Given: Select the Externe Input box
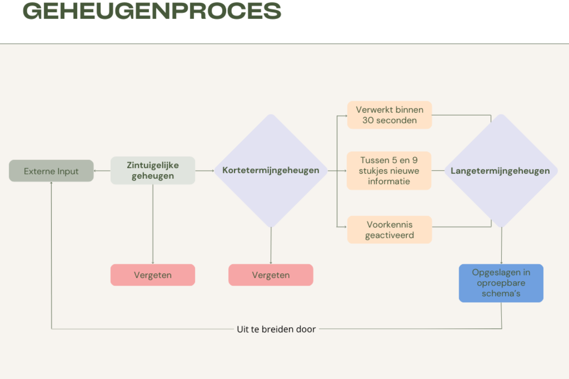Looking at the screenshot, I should [51, 171].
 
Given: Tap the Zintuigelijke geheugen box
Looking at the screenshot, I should [153, 171].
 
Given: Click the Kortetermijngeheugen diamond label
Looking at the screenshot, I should [270, 170].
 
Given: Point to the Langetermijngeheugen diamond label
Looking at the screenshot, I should [500, 171].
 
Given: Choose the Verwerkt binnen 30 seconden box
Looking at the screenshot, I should [390, 115].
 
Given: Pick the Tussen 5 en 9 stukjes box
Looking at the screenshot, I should [389, 171].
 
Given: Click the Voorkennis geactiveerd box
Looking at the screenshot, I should [390, 230].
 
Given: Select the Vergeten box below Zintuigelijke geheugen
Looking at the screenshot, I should [153, 275].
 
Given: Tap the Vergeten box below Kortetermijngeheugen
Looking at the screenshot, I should [271, 275].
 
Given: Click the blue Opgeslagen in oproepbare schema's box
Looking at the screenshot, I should [501, 283].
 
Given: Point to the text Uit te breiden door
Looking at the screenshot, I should [276, 329].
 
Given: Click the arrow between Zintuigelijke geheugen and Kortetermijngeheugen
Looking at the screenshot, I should [205, 171].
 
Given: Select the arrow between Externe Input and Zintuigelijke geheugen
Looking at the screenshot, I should [102, 171].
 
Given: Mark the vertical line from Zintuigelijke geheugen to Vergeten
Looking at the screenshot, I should [153, 224].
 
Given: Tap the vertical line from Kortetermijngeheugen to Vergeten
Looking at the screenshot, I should [271, 246].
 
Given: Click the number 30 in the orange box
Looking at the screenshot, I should [368, 121].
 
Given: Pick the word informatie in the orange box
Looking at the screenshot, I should [389, 181].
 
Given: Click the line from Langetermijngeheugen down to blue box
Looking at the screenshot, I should [501, 246].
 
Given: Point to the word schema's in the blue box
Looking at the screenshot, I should [501, 293].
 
